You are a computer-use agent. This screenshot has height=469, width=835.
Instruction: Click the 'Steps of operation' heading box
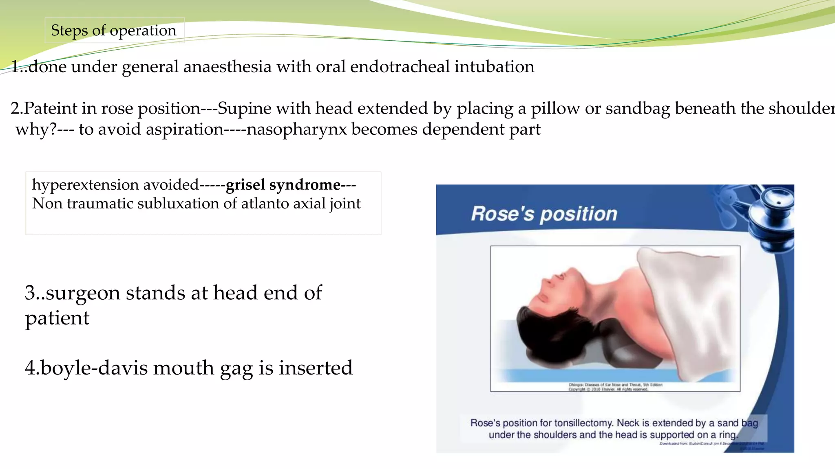pyautogui.click(x=114, y=31)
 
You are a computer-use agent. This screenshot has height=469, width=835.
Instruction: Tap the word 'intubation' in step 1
pyautogui.click(x=494, y=67)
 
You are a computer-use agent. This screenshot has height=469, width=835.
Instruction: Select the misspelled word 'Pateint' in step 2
pyautogui.click(x=50, y=109)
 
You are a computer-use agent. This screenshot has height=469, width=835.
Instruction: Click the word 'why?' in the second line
pyautogui.click(x=36, y=129)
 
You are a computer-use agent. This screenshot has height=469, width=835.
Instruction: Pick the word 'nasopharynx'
pyautogui.click(x=296, y=129)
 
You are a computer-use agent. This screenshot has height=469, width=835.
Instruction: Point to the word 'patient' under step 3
pyautogui.click(x=57, y=318)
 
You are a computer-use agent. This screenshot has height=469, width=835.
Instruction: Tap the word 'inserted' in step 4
pyautogui.click(x=315, y=368)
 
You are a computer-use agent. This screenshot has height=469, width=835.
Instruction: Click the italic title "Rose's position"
pyautogui.click(x=544, y=214)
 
